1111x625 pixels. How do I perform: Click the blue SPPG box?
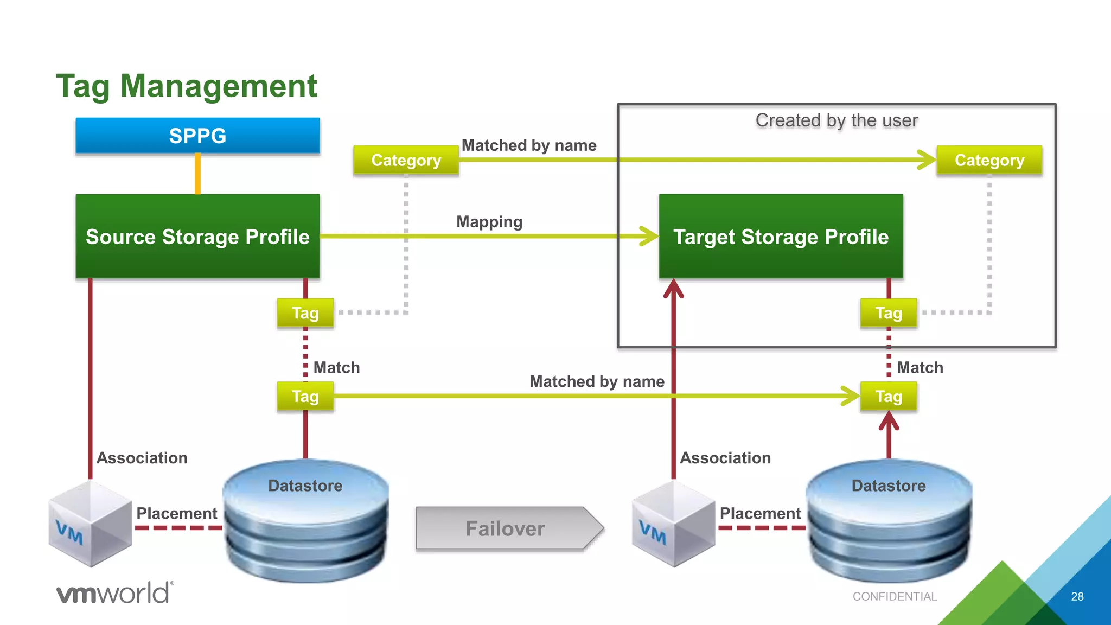point(197,136)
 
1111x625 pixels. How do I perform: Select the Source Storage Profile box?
point(197,237)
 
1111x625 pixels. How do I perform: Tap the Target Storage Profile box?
point(781,237)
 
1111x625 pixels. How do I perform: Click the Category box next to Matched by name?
point(406,160)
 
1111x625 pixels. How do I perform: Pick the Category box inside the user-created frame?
point(989,160)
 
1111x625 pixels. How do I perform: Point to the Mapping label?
point(489,222)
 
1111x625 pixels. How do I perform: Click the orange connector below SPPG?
point(198,174)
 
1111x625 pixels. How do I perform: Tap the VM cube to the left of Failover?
point(90,524)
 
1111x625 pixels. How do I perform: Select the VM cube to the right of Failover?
point(673,524)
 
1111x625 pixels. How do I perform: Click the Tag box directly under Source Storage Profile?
point(305,313)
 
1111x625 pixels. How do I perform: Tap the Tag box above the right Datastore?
point(888,397)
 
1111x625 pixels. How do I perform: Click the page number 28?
point(1077,596)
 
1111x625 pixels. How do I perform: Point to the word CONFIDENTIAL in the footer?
point(895,596)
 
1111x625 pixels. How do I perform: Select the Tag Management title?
point(186,86)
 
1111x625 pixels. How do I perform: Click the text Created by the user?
point(837,120)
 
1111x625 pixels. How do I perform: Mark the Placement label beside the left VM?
point(176,513)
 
